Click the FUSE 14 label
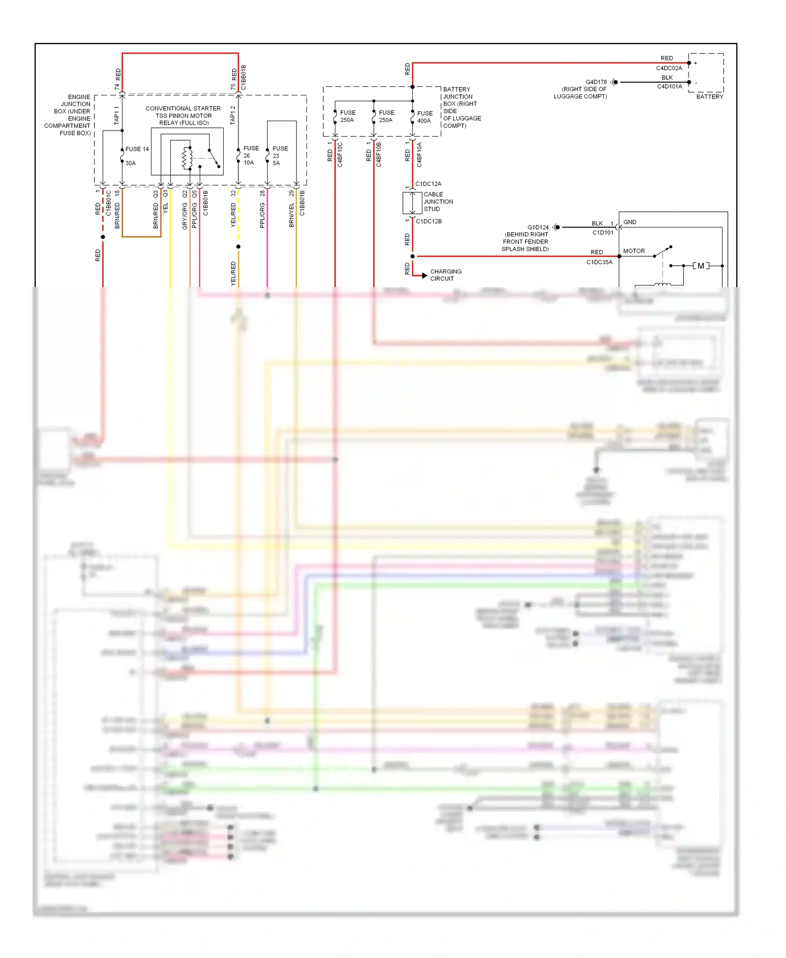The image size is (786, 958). coord(137,149)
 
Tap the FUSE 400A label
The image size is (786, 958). coord(424,117)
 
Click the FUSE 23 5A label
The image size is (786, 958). coord(279,156)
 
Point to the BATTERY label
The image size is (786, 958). coord(709,97)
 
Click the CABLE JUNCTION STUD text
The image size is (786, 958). coord(438,202)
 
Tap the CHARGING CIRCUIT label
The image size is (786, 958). coord(445,275)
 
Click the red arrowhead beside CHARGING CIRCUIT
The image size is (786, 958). coord(424,275)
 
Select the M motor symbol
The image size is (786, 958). coord(701,266)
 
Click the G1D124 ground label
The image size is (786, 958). coord(538,227)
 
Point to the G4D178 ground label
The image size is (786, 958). coord(596,82)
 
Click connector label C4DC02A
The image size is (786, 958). coord(669,68)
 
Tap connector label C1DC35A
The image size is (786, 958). coord(599,262)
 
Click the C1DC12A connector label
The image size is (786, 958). coord(428,184)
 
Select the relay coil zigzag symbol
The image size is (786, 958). coord(185,159)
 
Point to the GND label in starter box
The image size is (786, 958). coord(629,222)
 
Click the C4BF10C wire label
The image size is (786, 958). coord(340,155)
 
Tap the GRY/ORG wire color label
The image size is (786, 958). coord(184,216)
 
